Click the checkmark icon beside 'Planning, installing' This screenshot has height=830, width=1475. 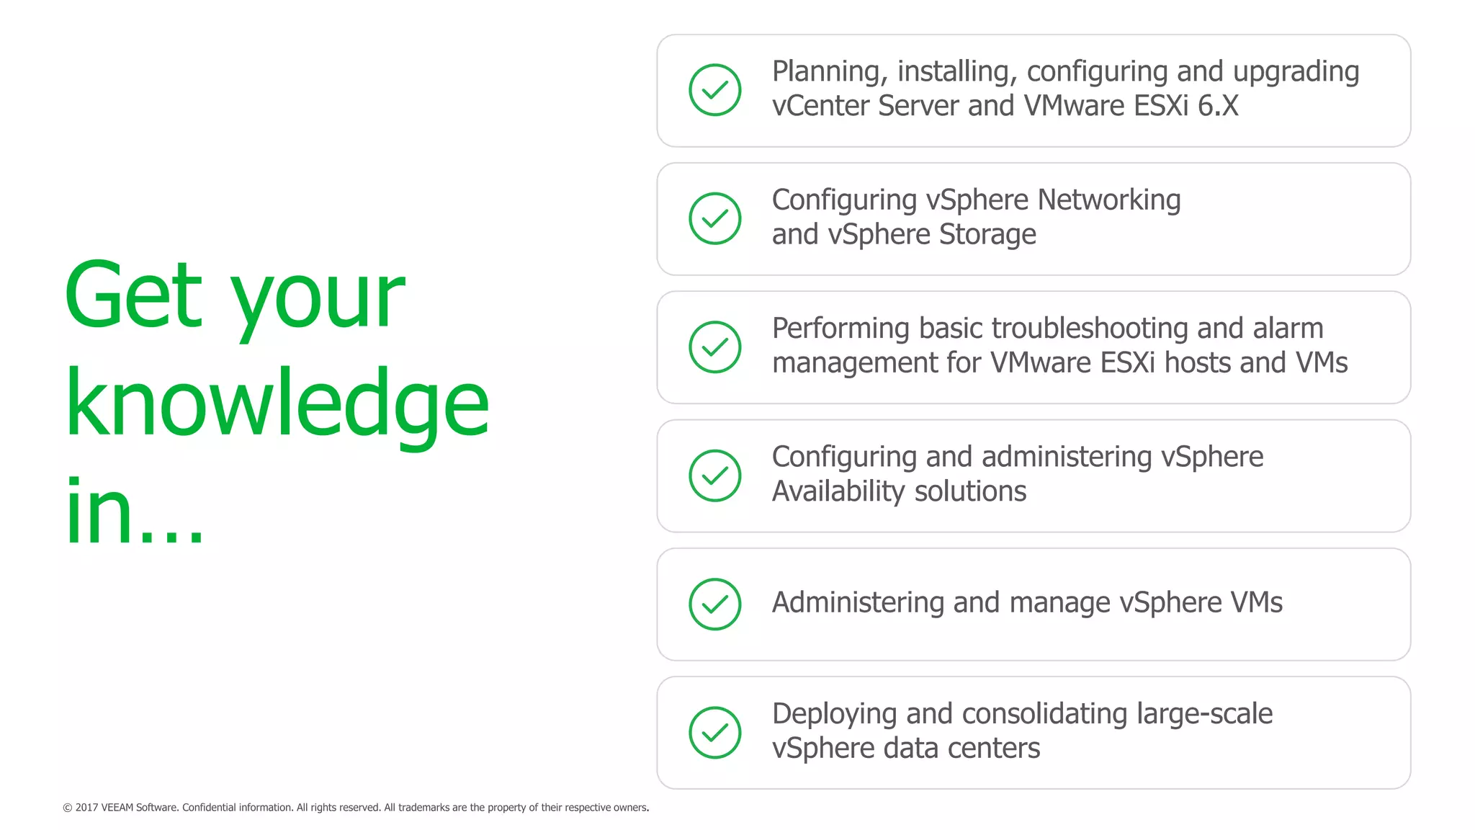point(714,90)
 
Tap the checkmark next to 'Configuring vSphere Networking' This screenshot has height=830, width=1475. point(714,218)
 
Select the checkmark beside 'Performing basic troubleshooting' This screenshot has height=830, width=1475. point(714,347)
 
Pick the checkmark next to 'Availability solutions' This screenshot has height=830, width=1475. point(714,476)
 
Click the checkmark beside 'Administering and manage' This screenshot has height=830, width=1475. point(714,604)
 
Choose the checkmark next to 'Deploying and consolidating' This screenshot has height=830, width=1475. point(714,733)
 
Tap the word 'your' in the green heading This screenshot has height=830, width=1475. point(317,299)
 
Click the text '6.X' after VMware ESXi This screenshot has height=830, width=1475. point(1218,106)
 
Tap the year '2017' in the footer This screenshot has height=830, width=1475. point(86,808)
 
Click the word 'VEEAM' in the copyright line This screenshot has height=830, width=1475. point(117,808)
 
